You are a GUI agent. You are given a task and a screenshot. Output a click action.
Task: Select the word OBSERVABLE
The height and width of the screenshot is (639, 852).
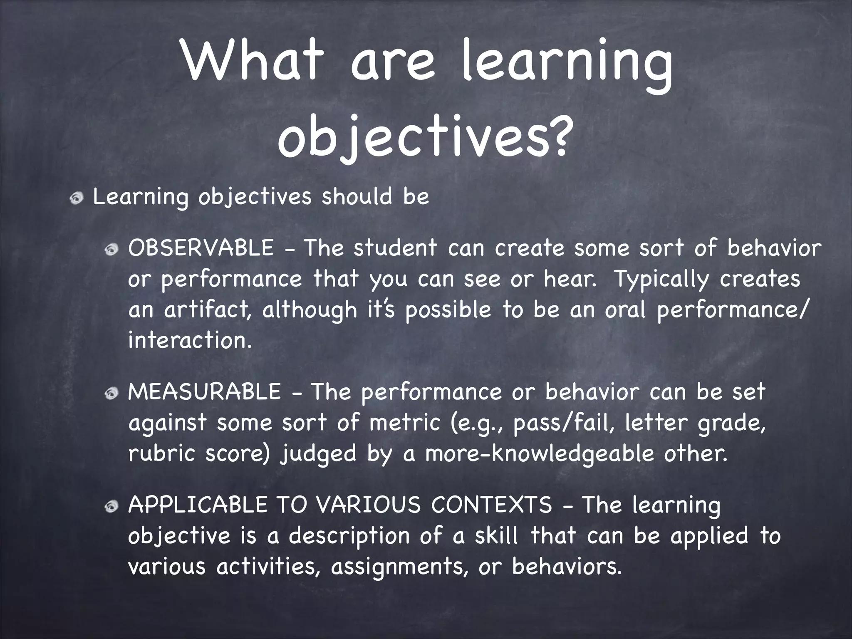(201, 248)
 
